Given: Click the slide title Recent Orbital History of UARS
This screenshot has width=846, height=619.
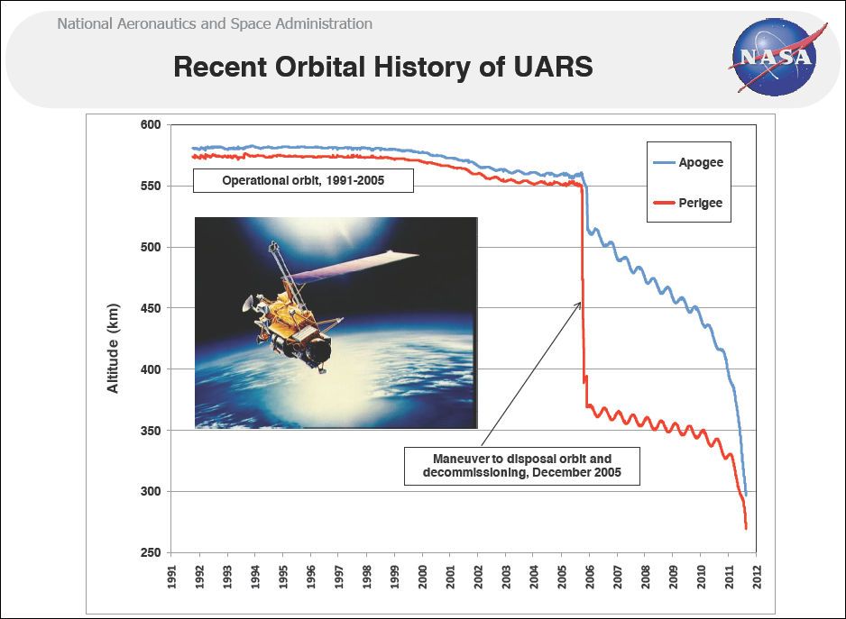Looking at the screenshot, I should [382, 68].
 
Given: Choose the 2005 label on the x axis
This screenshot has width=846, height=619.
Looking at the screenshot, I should [561, 577].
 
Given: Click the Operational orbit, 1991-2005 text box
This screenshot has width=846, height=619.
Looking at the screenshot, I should [302, 181].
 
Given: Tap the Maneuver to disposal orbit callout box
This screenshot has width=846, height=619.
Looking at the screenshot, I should [521, 466].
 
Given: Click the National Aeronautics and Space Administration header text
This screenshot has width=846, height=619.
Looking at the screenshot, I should [215, 23].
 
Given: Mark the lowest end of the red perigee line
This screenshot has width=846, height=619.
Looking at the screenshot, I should [746, 527].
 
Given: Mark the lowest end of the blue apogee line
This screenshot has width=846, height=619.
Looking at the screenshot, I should [746, 494].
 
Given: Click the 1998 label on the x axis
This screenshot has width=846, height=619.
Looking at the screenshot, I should [366, 577].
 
